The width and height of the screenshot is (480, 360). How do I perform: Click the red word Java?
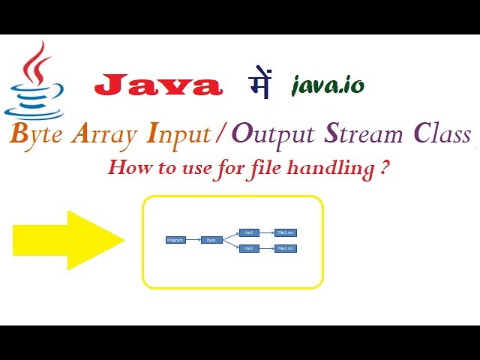tap(158, 85)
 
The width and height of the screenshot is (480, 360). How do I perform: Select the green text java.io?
tap(328, 85)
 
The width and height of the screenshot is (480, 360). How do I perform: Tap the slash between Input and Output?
tap(220, 135)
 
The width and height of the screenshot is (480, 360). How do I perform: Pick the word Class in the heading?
tap(442, 135)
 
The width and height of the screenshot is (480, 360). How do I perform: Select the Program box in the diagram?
tap(175, 240)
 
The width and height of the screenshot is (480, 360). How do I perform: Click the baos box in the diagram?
tap(211, 240)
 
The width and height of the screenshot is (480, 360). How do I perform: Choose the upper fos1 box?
tap(249, 232)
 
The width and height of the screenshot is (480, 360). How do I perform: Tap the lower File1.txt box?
tap(286, 248)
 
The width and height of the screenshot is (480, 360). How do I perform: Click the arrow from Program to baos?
tap(193, 240)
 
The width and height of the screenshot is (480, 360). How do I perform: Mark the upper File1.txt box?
tap(286, 232)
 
